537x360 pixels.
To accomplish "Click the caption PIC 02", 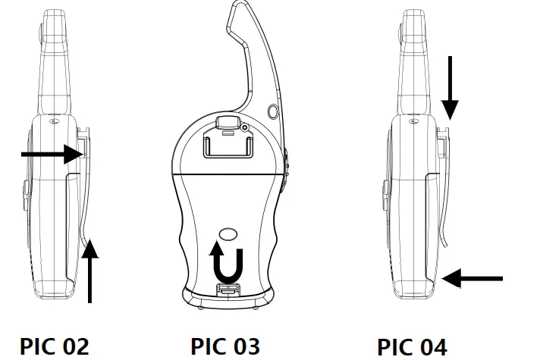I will [x=54, y=346].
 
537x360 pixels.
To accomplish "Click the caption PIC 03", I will [x=225, y=346].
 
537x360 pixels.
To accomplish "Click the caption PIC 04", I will [x=412, y=346].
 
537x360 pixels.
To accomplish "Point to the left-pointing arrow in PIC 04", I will [x=472, y=279].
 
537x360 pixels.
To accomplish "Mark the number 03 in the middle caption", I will [x=243, y=346].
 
